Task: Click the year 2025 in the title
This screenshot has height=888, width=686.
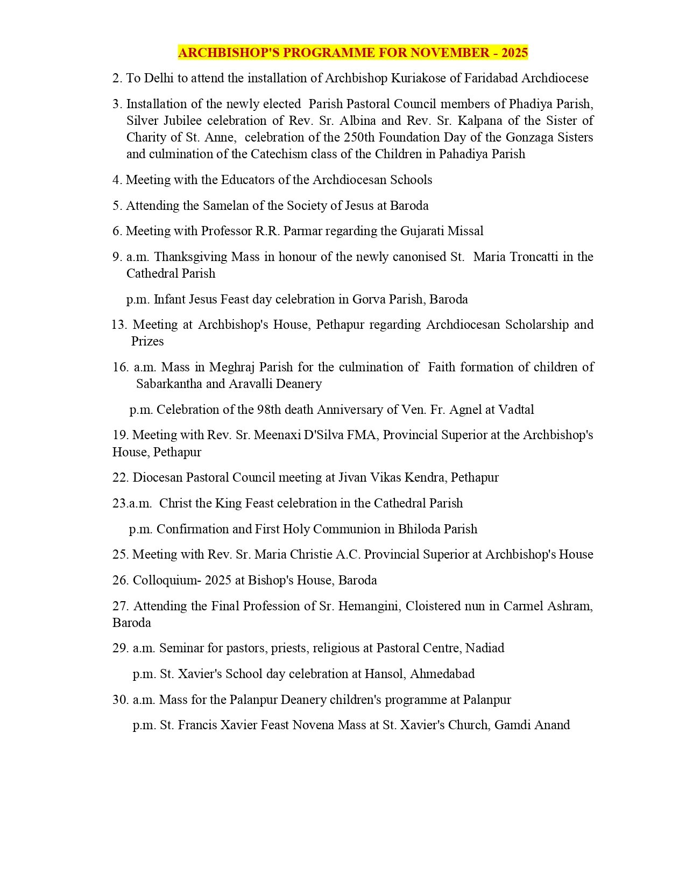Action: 515,53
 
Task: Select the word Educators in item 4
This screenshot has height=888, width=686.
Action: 246,180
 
